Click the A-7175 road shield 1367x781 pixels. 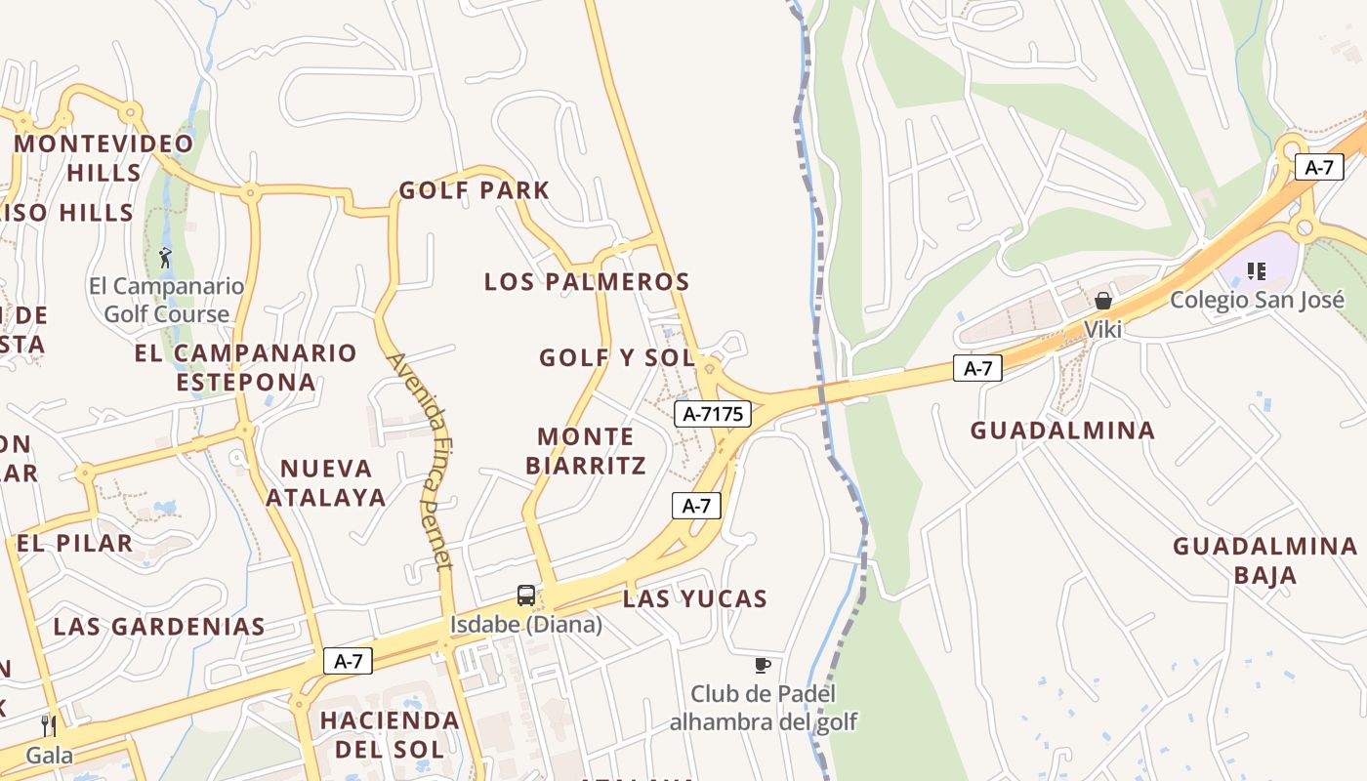tap(714, 414)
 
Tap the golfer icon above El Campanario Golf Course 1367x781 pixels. tap(165, 258)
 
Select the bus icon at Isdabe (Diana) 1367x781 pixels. tap(525, 595)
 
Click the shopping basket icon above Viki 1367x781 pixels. tap(1103, 301)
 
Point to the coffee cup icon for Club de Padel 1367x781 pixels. tap(763, 666)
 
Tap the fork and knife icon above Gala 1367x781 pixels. tap(49, 725)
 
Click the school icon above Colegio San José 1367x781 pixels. tap(1256, 270)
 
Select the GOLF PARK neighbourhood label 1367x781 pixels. tap(475, 190)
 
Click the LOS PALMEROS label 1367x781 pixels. tap(587, 282)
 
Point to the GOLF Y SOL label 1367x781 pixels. tap(616, 358)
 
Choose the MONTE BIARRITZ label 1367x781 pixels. tap(586, 450)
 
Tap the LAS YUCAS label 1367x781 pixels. tap(695, 598)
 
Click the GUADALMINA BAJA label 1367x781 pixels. tap(1264, 560)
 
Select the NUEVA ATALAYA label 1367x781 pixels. tap(325, 482)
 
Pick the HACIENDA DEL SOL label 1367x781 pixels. tap(390, 734)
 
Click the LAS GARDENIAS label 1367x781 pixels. tap(159, 627)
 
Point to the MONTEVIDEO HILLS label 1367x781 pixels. tap(104, 157)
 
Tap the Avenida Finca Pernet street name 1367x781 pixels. tap(421, 460)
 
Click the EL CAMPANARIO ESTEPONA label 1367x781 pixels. tap(246, 367)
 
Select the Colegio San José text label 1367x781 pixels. tap(1258, 300)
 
